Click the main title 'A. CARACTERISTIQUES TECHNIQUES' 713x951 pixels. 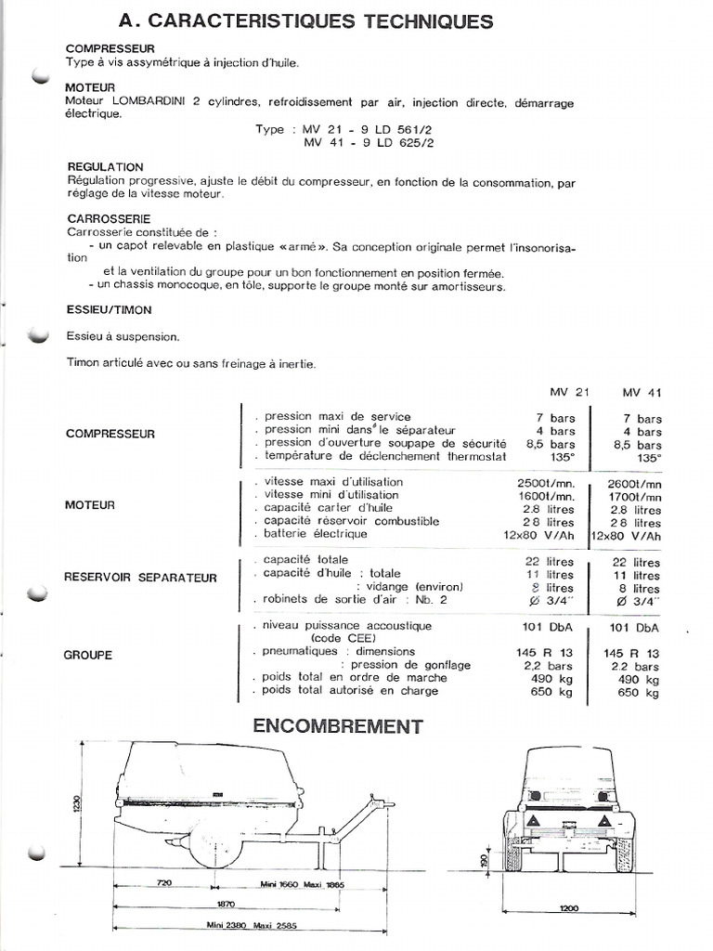pyautogui.click(x=307, y=20)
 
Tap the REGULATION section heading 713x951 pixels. pyautogui.click(x=105, y=167)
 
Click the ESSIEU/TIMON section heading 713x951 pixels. pyautogui.click(x=109, y=309)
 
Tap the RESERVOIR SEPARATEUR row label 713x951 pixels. pyautogui.click(x=140, y=578)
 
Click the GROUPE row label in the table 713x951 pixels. pyautogui.click(x=88, y=655)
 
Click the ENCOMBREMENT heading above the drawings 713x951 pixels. pyautogui.click(x=338, y=726)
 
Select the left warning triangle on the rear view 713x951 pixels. pyautogui.click(x=535, y=823)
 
